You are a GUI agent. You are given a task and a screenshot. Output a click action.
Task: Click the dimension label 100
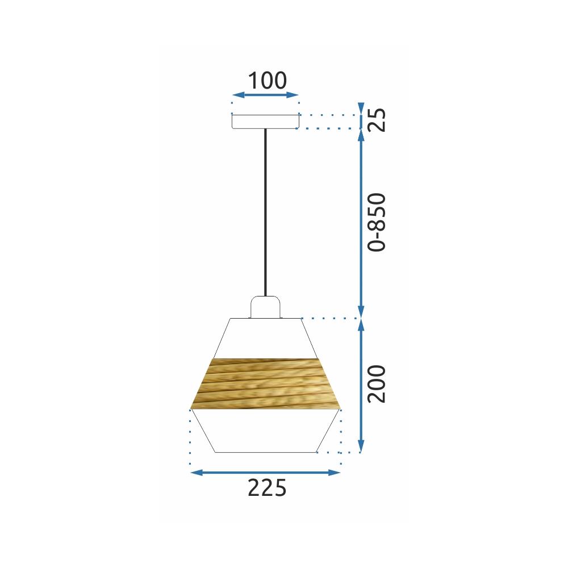(x=265, y=81)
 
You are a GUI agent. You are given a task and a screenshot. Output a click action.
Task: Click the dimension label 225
(x=267, y=488)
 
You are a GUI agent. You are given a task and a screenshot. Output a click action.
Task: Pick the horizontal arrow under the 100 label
(x=265, y=95)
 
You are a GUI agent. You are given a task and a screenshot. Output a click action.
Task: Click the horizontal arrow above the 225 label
(x=265, y=472)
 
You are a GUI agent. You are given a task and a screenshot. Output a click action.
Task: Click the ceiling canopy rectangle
(x=265, y=122)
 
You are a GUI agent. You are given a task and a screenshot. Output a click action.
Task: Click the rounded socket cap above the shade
(x=265, y=307)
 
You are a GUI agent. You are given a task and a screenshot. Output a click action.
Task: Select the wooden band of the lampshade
(x=265, y=383)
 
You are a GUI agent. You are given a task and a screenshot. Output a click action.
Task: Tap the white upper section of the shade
(x=265, y=339)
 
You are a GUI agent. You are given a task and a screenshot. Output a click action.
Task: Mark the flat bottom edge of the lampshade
(x=265, y=452)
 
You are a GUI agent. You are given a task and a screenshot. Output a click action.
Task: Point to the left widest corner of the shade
(x=191, y=409)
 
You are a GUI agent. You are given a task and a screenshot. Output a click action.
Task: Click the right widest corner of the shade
(x=340, y=408)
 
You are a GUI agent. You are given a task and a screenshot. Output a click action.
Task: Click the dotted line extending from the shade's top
(x=329, y=319)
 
